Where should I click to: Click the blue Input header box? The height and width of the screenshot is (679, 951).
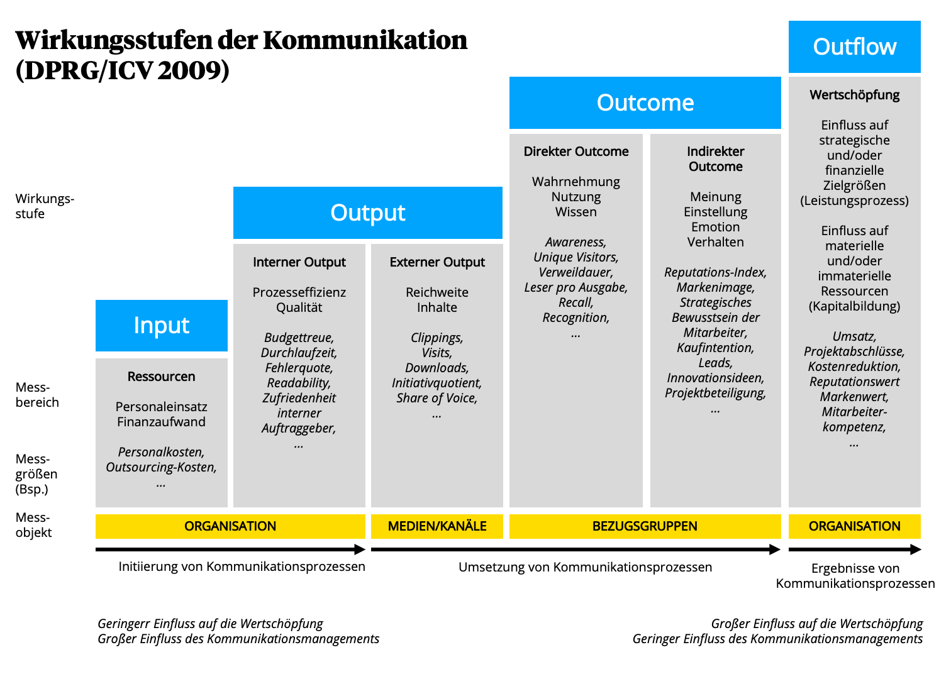click(161, 326)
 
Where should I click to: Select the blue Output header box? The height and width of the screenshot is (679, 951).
click(367, 213)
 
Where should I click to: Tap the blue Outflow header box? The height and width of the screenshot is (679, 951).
click(854, 47)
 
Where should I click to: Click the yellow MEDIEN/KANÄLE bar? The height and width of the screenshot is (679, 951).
click(437, 526)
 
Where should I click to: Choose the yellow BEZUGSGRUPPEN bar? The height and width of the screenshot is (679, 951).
click(645, 526)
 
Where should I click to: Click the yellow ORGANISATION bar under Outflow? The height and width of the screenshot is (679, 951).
click(854, 526)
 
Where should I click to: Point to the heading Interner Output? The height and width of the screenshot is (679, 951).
click(299, 262)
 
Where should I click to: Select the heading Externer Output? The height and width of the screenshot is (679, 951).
click(437, 262)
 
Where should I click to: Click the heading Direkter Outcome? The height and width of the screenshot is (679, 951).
click(576, 152)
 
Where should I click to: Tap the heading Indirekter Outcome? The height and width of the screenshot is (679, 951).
click(716, 159)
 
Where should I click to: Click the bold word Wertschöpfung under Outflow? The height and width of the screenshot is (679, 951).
click(854, 95)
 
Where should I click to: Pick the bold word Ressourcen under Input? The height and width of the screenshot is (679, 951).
click(161, 377)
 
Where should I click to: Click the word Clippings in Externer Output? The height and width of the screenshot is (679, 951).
click(437, 338)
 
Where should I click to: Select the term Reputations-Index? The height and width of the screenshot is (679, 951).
click(715, 272)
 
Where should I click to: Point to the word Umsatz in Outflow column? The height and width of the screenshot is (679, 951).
click(854, 336)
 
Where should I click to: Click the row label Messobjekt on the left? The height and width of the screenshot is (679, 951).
click(33, 525)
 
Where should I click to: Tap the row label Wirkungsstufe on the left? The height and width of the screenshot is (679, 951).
click(44, 206)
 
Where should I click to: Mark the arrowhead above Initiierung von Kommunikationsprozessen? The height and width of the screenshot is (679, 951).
click(360, 549)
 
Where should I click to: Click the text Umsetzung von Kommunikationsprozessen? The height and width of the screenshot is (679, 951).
click(585, 567)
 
